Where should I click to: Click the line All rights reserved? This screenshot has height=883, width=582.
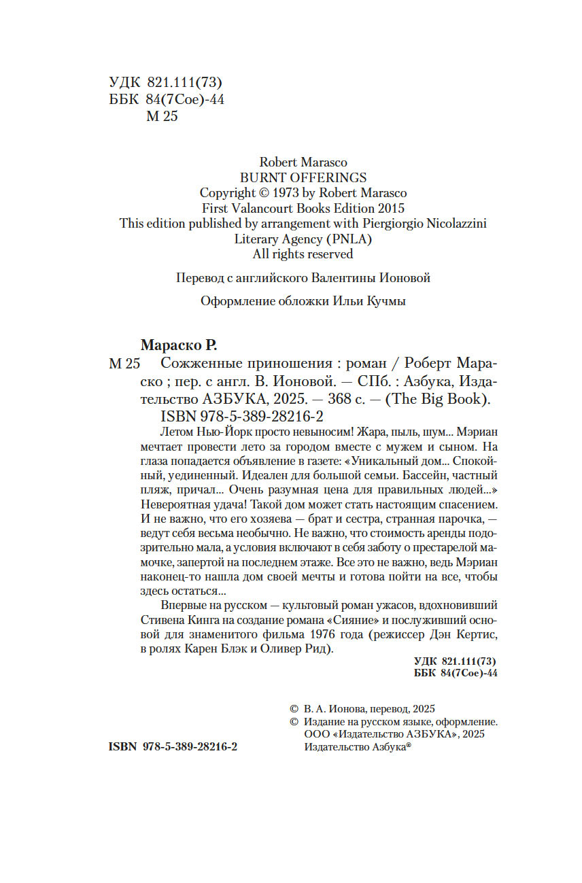(303, 254)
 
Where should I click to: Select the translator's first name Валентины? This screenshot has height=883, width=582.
(347, 278)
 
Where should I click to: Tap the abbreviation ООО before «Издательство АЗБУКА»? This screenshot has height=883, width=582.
(315, 735)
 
